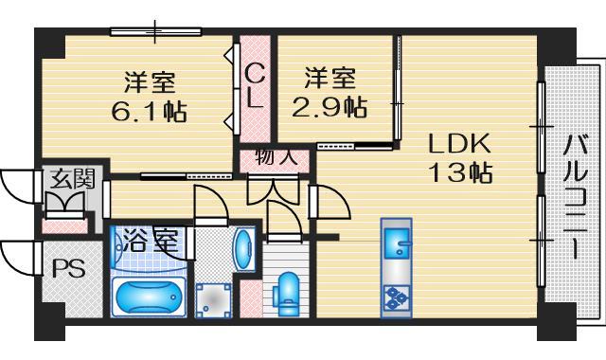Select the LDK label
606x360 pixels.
point(458,144)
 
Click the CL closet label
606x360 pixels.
point(255,85)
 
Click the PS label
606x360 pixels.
point(67,268)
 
